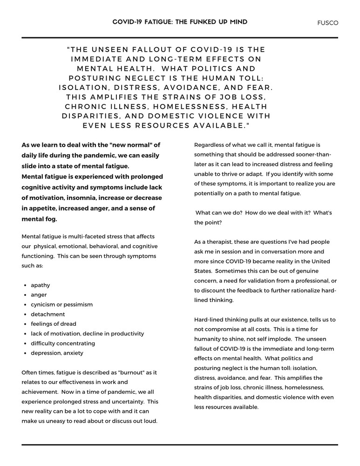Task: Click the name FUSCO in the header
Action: [x=328, y=22]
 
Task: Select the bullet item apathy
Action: [x=41, y=285]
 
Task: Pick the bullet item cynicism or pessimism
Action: [x=61, y=304]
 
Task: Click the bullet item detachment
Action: [x=48, y=314]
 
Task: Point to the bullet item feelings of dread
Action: [x=54, y=324]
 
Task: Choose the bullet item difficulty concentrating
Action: [x=63, y=343]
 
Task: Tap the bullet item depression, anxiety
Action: [x=57, y=353]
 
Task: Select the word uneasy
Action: [x=55, y=421]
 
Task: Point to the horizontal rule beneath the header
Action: [x=180, y=38]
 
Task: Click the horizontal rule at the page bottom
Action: [x=180, y=445]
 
